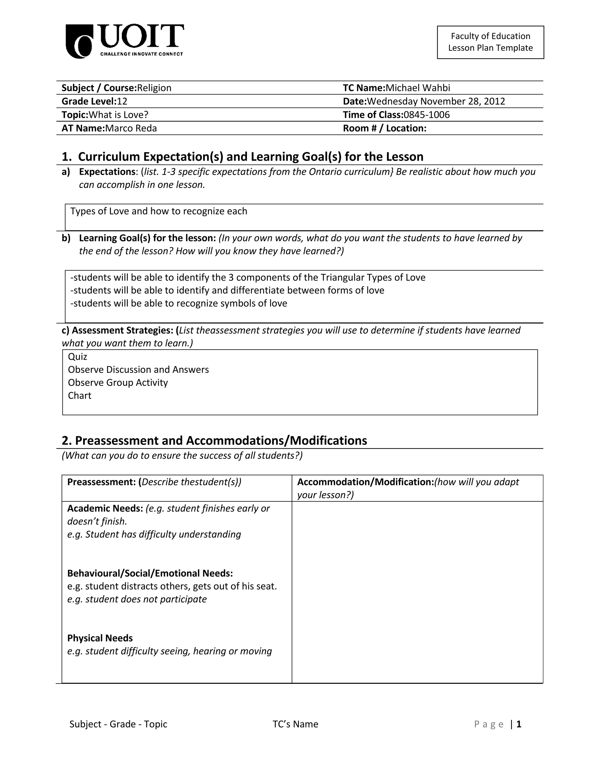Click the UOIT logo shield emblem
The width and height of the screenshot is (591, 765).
click(79, 41)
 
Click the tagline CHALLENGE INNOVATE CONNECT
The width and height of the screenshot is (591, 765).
click(141, 54)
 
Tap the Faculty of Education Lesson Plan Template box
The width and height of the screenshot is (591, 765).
click(490, 42)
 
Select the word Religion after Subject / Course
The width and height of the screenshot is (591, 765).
click(154, 88)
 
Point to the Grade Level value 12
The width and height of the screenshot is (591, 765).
click(122, 102)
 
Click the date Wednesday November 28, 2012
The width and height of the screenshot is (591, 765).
click(436, 102)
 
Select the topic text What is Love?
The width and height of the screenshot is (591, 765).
click(119, 115)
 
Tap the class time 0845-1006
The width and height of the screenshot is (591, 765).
click(427, 115)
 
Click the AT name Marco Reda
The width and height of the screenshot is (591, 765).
click(131, 128)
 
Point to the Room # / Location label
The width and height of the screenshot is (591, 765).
click(384, 128)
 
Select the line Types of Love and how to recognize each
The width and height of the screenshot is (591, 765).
click(159, 211)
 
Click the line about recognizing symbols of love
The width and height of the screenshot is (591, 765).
click(179, 303)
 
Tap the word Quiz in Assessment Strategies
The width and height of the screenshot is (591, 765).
click(77, 357)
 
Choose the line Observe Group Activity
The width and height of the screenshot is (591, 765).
click(118, 382)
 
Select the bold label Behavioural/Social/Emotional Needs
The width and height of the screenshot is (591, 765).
click(150, 573)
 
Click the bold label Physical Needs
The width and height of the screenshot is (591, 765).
click(100, 638)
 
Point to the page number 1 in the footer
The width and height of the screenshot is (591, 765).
click(519, 724)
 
